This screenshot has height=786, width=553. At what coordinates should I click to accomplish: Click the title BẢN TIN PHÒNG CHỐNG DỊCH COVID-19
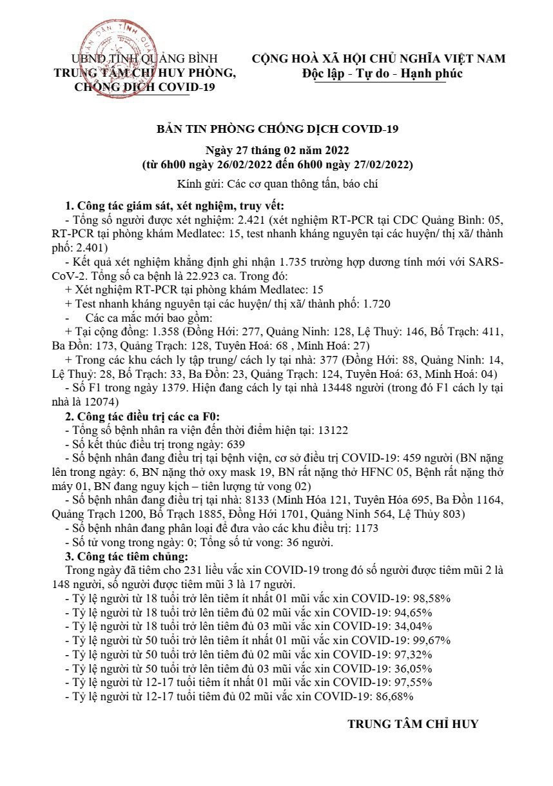pyautogui.click(x=278, y=129)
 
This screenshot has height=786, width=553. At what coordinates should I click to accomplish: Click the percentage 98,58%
pyautogui.click(x=431, y=598)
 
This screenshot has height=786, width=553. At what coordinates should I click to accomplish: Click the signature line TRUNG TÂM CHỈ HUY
pyautogui.click(x=413, y=723)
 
